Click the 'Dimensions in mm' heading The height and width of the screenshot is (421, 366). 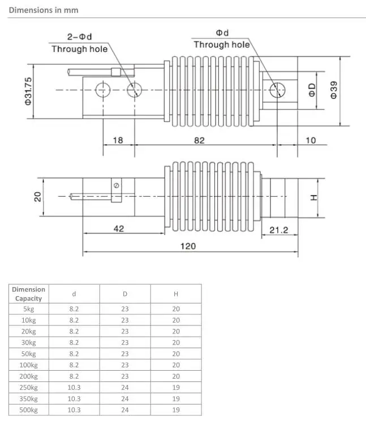pyautogui.click(x=44, y=10)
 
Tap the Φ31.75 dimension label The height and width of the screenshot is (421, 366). pyautogui.click(x=28, y=91)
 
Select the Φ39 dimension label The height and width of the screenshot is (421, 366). pyautogui.click(x=333, y=90)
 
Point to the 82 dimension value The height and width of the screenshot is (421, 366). pyautogui.click(x=199, y=140)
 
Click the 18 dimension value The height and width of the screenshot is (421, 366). pyautogui.click(x=118, y=140)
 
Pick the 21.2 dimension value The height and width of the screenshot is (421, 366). pyautogui.click(x=279, y=230)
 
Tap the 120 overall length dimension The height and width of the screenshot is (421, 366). pyautogui.click(x=188, y=246)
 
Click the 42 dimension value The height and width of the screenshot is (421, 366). pyautogui.click(x=119, y=229)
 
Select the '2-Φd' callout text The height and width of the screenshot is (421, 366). pyautogui.click(x=80, y=37)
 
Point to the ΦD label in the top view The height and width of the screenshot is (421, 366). pyautogui.click(x=312, y=90)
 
